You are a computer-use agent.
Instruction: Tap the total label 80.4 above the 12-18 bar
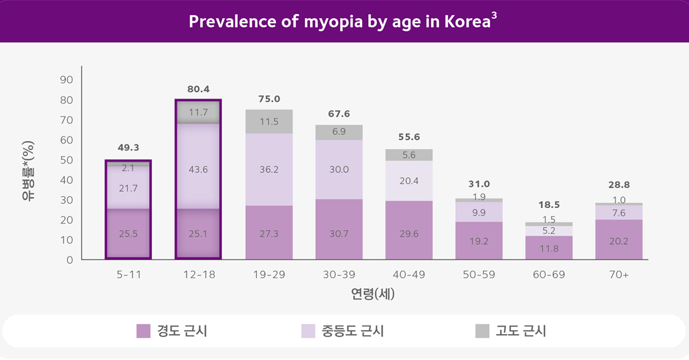click(198, 89)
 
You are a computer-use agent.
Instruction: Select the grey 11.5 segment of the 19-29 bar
click(269, 122)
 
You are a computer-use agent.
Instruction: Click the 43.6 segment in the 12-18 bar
click(198, 169)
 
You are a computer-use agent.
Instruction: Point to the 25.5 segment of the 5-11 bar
click(128, 234)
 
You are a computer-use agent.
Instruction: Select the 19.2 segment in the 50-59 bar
click(479, 241)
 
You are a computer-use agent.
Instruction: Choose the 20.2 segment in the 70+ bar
click(619, 240)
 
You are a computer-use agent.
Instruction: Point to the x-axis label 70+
click(619, 275)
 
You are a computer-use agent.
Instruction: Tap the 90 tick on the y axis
click(66, 80)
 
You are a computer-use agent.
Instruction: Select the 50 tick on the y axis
click(66, 160)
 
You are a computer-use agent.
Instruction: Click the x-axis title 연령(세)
click(372, 294)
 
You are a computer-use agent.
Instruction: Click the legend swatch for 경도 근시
click(143, 331)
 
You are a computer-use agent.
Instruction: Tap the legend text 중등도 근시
click(353, 331)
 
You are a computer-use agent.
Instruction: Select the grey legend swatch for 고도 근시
click(482, 331)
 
